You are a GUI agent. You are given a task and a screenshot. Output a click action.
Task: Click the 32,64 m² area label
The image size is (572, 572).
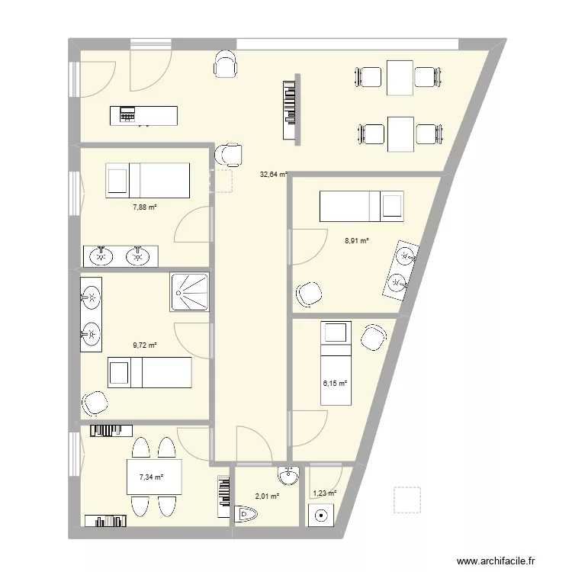(273, 174)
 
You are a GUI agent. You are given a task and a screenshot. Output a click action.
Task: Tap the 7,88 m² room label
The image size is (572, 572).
(144, 206)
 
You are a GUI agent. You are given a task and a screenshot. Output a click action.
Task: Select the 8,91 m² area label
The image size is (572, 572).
(357, 240)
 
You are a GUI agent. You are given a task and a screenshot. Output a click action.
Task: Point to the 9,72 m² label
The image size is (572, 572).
(144, 345)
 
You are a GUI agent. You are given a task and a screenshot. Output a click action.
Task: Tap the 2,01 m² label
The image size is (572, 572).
(267, 496)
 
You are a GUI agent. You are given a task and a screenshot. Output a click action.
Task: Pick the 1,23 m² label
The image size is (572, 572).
(324, 493)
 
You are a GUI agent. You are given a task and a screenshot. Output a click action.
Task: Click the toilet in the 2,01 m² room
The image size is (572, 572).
(249, 517)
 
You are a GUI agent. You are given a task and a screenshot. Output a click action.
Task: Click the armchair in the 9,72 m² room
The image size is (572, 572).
(95, 402)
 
